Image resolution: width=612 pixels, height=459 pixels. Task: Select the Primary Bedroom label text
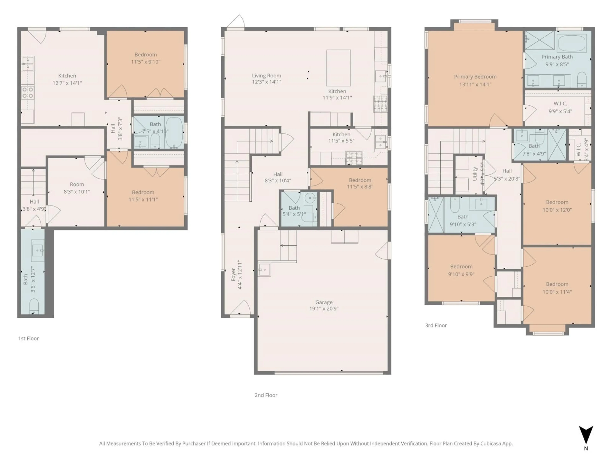[475, 77]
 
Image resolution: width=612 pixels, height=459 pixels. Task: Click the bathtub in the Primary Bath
[572, 44]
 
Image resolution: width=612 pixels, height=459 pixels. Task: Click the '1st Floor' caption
[29, 338]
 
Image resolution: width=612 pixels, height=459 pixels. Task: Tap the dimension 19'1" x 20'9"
[324, 309]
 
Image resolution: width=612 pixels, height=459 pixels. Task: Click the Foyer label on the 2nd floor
[233, 274]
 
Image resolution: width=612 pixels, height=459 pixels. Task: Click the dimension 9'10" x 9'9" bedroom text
[461, 274]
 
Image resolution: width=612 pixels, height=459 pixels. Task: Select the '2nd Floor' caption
[266, 395]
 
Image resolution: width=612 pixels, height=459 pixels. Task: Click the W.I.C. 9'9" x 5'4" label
[560, 103]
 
